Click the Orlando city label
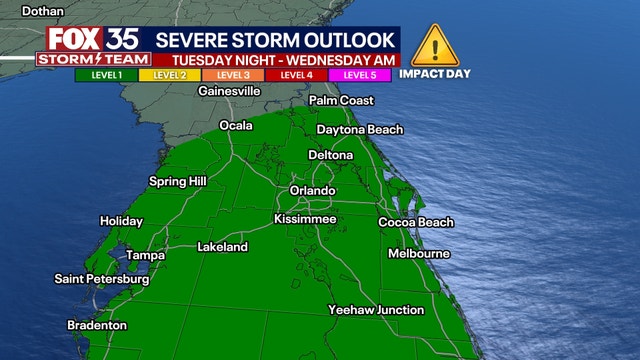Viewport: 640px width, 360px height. pos(311,190)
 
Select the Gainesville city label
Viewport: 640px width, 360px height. pos(229,91)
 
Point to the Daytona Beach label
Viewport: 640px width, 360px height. pos(360,130)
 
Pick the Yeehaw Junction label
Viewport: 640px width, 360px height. pos(376,310)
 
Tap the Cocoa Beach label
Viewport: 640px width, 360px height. pos(416,222)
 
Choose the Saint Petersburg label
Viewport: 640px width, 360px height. pos(102,279)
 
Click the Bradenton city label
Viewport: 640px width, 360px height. pos(97,325)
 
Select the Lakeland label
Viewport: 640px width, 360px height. pos(222,246)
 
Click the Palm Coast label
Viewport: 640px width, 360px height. pos(341,101)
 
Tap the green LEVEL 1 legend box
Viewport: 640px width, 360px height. pos(105,75)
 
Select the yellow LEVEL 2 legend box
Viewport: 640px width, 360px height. pos(170,75)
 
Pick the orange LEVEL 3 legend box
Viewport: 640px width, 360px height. pos(233,75)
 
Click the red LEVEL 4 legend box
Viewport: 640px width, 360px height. pos(296,75)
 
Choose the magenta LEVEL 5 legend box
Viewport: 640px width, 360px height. pos(359,75)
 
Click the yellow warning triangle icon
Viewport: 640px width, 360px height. pos(434,46)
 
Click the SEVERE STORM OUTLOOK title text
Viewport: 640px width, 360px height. pos(278,41)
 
